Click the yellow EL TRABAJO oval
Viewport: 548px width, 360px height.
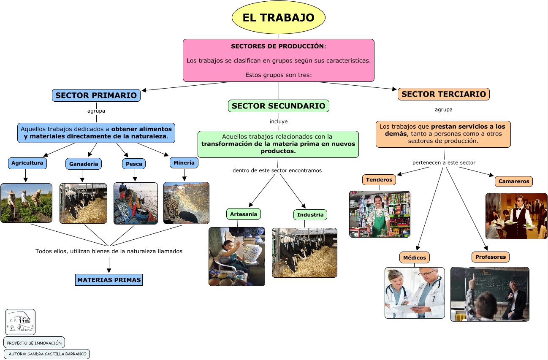coord(279,17)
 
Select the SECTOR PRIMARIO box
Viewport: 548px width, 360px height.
coord(96,95)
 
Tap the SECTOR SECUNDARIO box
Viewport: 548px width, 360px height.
coord(279,106)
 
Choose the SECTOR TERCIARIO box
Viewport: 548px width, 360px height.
coord(444,94)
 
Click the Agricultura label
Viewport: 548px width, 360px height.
coord(27,163)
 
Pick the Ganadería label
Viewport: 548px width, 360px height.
coord(84,164)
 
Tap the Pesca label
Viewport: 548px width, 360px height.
coord(134,164)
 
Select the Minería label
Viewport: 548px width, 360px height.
coord(184,162)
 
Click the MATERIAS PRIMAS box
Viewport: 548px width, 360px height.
coord(109,280)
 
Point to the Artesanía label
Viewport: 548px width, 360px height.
coord(244,214)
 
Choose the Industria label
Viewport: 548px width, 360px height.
coord(310,215)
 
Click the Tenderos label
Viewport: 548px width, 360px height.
coord(379,180)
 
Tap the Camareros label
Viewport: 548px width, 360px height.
coord(514,181)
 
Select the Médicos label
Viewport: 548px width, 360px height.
coord(415,257)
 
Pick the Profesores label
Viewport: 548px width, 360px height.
coord(490,257)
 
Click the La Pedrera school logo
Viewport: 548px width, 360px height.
coord(20,322)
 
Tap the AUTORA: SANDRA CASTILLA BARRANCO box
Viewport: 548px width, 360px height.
coord(47,354)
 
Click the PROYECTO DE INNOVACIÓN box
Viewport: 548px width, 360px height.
coord(34,343)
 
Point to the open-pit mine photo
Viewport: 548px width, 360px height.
coord(186,203)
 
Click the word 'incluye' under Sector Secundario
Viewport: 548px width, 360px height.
coord(279,122)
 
